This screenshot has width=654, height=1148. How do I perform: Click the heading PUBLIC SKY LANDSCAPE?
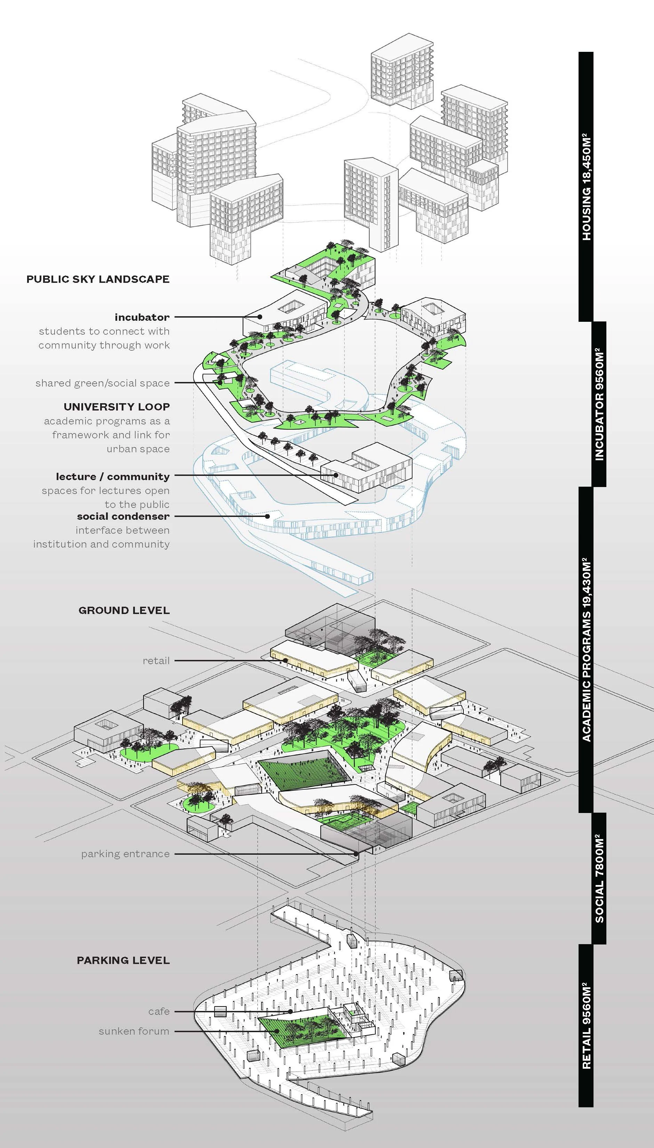click(98, 279)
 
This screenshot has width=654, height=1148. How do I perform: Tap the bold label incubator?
click(142, 317)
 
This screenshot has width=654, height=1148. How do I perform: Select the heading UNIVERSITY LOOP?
click(117, 407)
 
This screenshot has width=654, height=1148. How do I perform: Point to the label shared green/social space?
click(103, 383)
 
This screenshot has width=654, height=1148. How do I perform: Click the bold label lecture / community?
click(113, 476)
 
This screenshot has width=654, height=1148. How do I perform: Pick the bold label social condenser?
click(123, 516)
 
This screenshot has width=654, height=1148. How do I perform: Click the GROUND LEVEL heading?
click(124, 610)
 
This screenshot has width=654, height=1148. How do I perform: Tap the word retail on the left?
click(156, 661)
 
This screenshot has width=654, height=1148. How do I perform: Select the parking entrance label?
click(125, 854)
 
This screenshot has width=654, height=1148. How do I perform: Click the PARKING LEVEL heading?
click(123, 960)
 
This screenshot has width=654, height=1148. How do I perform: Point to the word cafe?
click(159, 1011)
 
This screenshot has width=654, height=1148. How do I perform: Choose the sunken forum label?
click(134, 1031)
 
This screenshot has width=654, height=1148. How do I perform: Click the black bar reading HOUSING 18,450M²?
click(586, 186)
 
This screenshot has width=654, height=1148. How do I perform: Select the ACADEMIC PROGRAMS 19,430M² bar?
click(586, 649)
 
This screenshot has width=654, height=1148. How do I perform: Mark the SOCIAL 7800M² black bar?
click(599, 878)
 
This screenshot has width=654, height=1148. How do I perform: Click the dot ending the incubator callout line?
click(260, 317)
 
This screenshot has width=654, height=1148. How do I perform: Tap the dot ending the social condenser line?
click(268, 516)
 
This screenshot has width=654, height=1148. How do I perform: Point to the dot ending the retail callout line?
click(286, 661)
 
